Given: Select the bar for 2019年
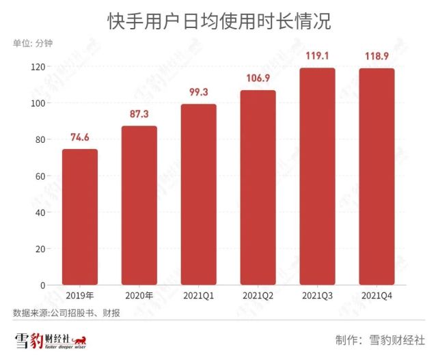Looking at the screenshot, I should pos(80,217).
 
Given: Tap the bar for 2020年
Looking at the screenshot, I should pos(139,205).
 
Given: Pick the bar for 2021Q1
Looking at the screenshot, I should pos(199,194).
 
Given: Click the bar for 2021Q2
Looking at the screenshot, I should pos(258,187).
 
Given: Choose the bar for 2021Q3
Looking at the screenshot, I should pos(318,176).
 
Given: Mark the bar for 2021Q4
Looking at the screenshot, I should pos(377,176).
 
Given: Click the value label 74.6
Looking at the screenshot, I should pos(80,137).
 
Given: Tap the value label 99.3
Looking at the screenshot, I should pos(199,92).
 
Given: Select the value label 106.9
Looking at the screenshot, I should pos(258,79).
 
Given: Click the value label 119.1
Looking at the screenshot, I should pos(318,56).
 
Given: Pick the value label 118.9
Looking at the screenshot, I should pos(377,57).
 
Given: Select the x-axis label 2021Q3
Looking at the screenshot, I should pos(318,296).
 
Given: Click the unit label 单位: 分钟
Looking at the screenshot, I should pos(33,44).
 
